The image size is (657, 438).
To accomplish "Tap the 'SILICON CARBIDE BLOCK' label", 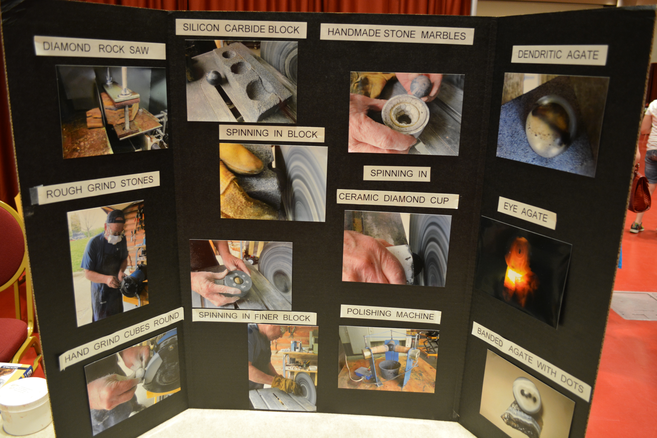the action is (x=241, y=28).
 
